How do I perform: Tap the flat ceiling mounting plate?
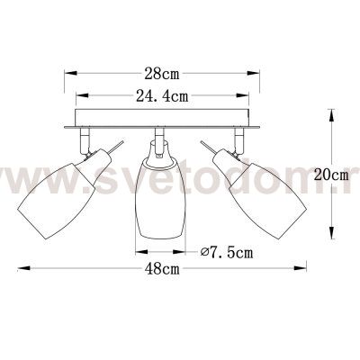point(159,126)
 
